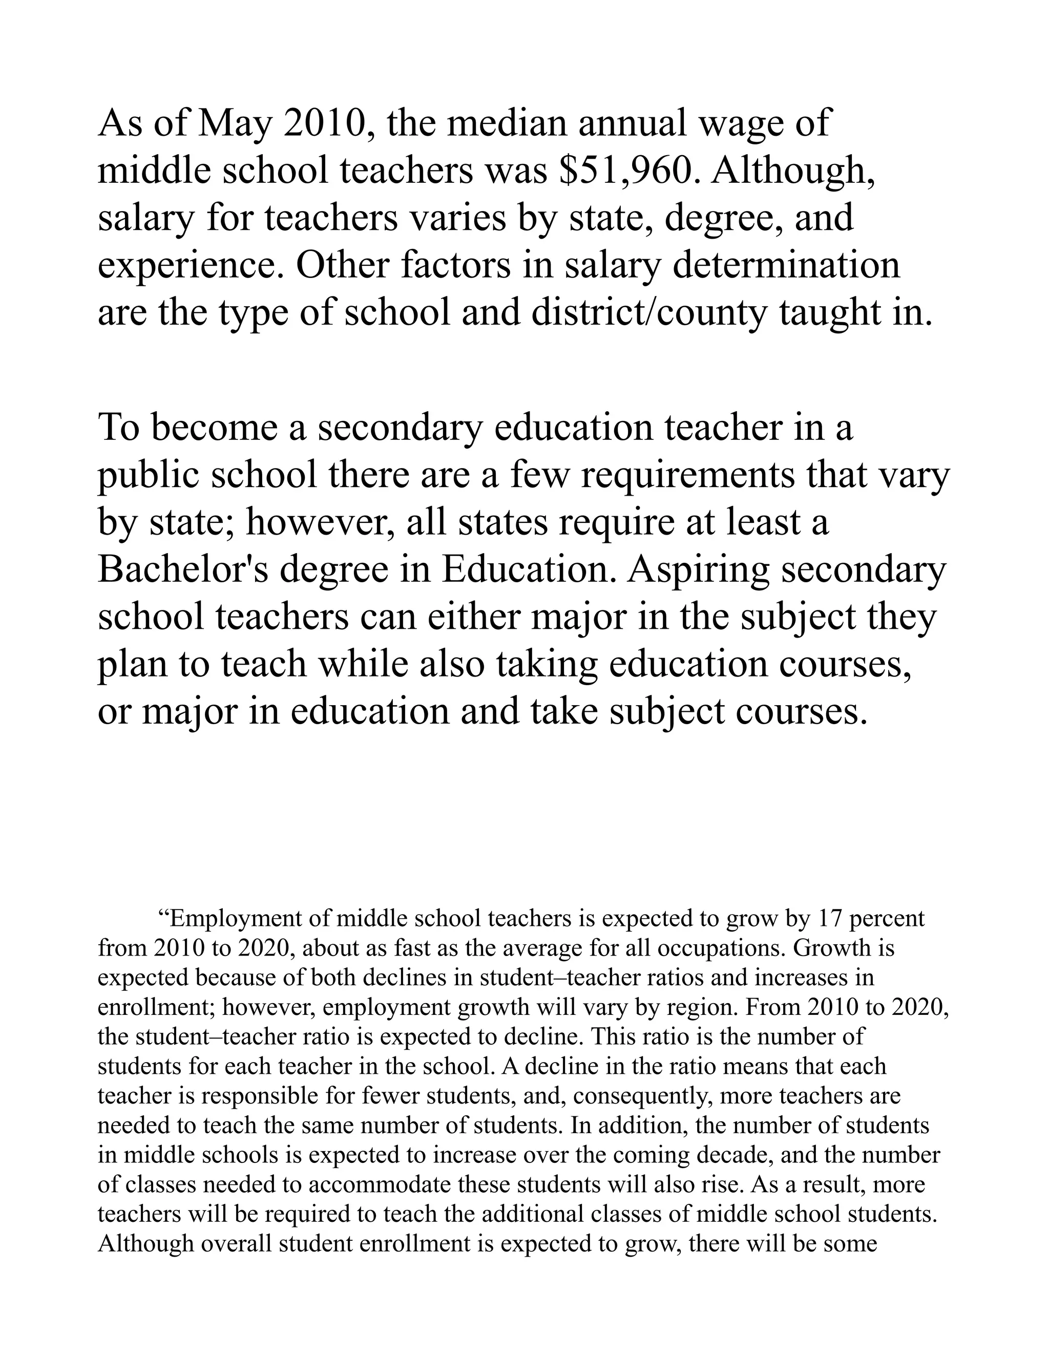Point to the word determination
787,265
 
